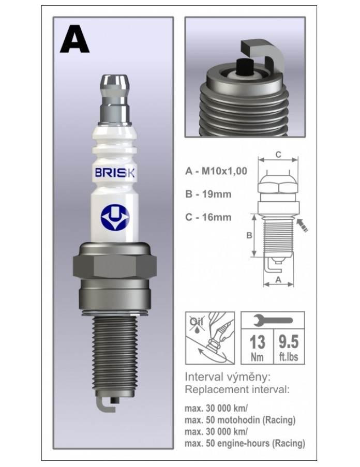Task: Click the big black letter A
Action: pos(74,39)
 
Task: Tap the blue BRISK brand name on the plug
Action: pos(115,173)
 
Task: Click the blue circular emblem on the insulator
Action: pos(115,219)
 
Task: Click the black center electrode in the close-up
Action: pos(245,66)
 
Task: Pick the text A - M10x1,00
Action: pos(216,171)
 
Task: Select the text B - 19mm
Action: pos(208,194)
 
